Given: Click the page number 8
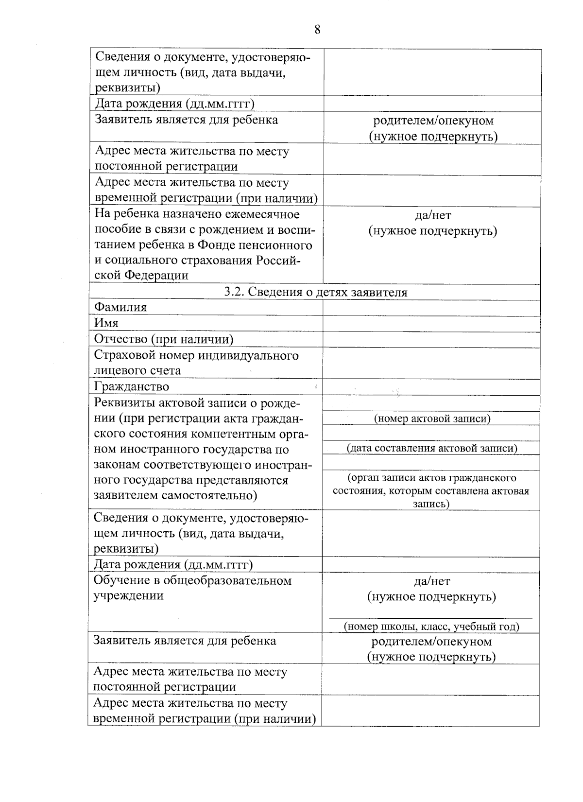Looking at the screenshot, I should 317,30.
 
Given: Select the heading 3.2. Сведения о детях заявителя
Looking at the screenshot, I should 315,292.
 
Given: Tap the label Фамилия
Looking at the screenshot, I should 120,307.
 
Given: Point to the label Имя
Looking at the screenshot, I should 106,323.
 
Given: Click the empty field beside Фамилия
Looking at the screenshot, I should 431,308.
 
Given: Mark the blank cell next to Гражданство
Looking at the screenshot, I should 431,387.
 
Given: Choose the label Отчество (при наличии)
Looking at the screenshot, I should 163,339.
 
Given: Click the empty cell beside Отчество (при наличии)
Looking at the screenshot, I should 431,339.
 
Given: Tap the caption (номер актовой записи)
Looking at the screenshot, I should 432,418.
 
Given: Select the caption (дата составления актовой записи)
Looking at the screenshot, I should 432,448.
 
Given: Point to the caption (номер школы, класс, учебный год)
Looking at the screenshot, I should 431,627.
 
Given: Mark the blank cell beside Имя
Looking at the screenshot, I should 431,323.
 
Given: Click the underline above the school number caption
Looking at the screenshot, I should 431,618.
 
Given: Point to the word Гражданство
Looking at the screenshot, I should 132,387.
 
